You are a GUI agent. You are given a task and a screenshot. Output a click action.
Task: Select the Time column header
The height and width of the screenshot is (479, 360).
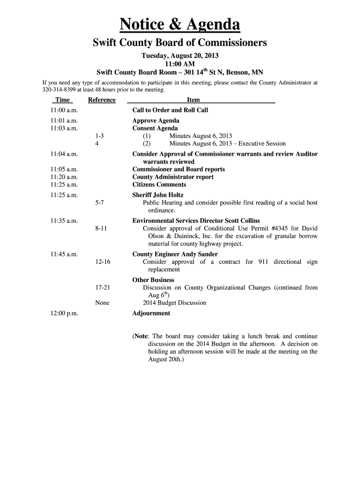coord(62,100)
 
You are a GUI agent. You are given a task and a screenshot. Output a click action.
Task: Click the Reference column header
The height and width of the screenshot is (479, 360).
coord(101,100)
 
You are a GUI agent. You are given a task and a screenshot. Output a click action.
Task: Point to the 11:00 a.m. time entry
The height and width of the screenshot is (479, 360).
coord(64,110)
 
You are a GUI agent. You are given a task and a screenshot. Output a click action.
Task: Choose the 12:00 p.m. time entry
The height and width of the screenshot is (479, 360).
coord(64,313)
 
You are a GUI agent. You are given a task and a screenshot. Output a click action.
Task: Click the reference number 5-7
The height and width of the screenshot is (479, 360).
coord(99,203)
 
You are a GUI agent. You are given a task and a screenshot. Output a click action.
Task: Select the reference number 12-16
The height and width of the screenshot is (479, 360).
coord(102,262)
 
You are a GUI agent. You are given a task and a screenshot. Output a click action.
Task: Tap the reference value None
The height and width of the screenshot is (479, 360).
coord(102,303)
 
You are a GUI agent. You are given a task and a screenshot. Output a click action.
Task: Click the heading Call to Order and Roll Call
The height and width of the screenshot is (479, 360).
coord(170,110)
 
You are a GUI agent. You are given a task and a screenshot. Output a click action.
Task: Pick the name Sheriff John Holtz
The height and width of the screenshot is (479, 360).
coord(158,195)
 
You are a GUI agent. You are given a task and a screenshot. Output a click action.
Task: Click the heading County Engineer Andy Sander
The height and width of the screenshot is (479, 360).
coord(168,254)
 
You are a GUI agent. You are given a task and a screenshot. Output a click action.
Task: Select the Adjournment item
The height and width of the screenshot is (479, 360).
coord(151,313)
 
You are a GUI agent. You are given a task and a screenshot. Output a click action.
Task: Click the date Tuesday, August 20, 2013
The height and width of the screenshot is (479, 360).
coord(180,56)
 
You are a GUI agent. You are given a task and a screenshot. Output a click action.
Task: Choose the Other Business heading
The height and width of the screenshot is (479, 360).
coord(153,280)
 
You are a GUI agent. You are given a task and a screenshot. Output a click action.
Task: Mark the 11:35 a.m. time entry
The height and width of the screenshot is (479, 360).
coord(64,221)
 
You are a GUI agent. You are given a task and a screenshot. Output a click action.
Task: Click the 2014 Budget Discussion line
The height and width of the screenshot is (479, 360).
coord(174,303)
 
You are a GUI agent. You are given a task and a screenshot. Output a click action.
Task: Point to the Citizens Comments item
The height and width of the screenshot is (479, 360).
coord(159,185)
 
